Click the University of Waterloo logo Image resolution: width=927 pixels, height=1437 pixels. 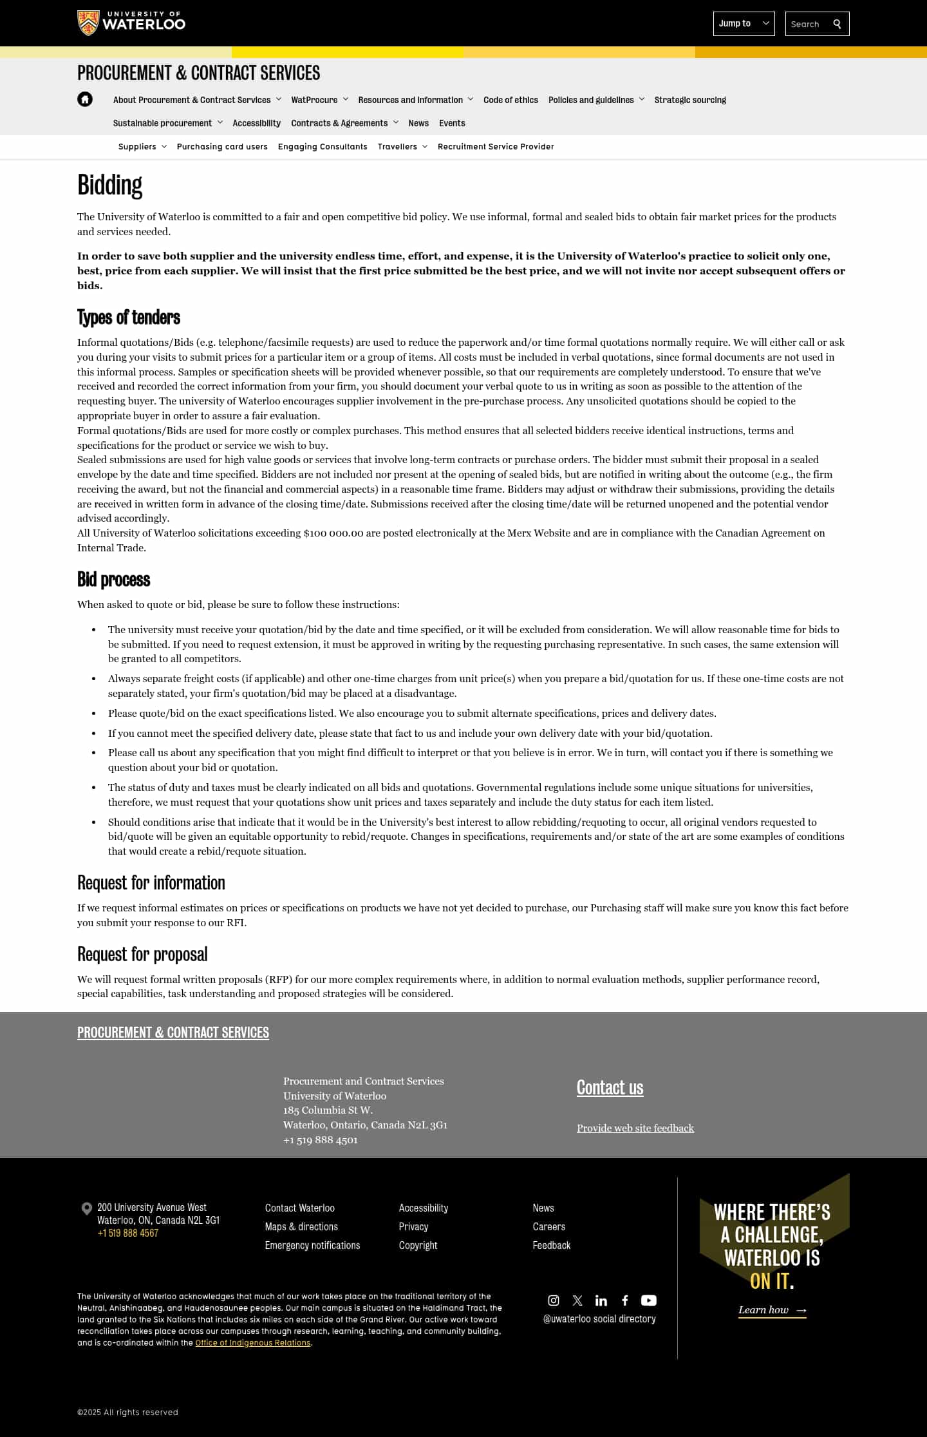pos(131,23)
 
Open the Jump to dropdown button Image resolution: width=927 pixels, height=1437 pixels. pos(744,24)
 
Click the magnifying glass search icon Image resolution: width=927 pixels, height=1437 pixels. pos(837,24)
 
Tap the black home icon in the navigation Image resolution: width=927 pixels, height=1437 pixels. pos(85,99)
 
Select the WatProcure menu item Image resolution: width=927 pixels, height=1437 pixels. pos(314,100)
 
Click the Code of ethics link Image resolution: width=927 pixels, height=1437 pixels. pos(510,100)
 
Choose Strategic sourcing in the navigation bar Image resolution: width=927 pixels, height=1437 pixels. pos(690,100)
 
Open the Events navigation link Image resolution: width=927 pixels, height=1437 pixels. pos(452,123)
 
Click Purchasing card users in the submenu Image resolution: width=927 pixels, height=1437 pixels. pos(222,147)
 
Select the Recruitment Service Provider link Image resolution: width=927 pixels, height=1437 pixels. pos(496,147)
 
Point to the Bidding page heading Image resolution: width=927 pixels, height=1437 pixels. pos(109,185)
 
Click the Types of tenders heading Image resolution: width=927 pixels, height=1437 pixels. pos(129,318)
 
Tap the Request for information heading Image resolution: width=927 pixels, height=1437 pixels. pos(151,882)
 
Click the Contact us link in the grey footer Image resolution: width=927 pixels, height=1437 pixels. pos(610,1087)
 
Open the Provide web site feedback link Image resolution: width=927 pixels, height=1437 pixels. pos(635,1128)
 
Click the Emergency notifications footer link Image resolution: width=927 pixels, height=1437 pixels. pos(312,1245)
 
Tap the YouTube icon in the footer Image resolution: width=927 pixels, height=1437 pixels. pos(648,1300)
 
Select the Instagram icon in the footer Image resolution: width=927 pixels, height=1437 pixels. pos(554,1300)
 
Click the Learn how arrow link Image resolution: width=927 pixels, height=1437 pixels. pos(772,1309)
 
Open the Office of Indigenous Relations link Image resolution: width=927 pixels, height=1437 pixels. pos(253,1342)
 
